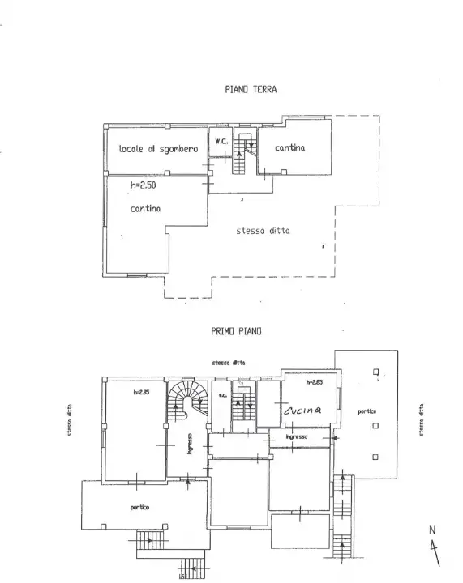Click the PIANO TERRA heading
click(250, 90)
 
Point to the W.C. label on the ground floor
click(221, 142)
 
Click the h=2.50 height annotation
click(143, 185)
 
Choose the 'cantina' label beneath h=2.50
click(145, 209)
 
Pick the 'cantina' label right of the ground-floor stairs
click(289, 147)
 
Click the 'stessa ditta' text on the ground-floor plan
click(263, 231)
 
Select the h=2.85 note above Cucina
click(315, 381)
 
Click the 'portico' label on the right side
click(367, 411)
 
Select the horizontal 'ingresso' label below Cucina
click(295, 437)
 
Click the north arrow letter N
click(432, 531)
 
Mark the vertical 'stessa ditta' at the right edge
click(422, 420)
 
